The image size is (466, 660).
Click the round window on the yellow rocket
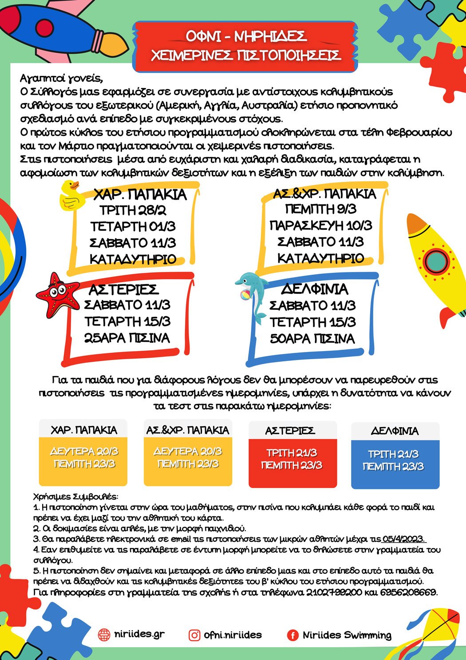coord(435,260)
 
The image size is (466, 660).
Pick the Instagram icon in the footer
coord(194,635)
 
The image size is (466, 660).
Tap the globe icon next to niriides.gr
coord(104,635)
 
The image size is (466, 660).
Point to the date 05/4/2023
coord(403,539)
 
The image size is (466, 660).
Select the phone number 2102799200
coord(334,592)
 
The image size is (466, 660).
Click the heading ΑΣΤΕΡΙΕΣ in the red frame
coord(123,290)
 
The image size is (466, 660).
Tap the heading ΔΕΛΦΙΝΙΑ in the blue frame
coord(315,289)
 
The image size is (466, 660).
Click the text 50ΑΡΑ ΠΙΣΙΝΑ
coord(312,339)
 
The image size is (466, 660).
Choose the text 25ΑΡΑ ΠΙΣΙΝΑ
coord(127,338)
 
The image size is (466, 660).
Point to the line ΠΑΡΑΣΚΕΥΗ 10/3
coord(320,226)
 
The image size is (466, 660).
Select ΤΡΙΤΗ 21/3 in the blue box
coord(393,454)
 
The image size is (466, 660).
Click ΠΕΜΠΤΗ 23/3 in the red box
coord(292,465)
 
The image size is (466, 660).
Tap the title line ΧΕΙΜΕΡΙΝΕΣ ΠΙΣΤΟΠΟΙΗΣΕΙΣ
coord(245,56)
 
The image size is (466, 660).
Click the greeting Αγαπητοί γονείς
coord(61,79)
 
